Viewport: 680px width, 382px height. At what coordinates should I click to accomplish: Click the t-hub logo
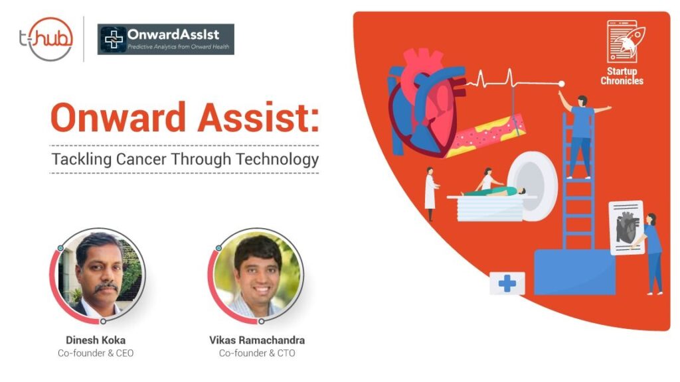46,38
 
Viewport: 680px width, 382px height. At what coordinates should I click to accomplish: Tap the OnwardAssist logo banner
166,39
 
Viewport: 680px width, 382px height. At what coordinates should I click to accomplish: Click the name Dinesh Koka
96,340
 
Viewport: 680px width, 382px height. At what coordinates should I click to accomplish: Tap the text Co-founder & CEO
96,353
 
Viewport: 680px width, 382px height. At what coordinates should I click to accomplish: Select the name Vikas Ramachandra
257,340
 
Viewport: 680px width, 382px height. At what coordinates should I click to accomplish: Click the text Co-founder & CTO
257,353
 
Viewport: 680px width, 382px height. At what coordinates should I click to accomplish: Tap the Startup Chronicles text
622,76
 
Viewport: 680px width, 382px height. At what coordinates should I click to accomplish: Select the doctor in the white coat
432,192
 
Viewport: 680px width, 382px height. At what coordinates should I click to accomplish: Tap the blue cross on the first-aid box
507,284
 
